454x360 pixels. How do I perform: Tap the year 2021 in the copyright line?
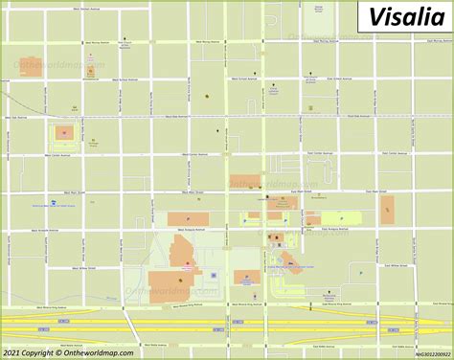point(12,351)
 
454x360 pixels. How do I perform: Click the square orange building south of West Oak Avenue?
point(64,133)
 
